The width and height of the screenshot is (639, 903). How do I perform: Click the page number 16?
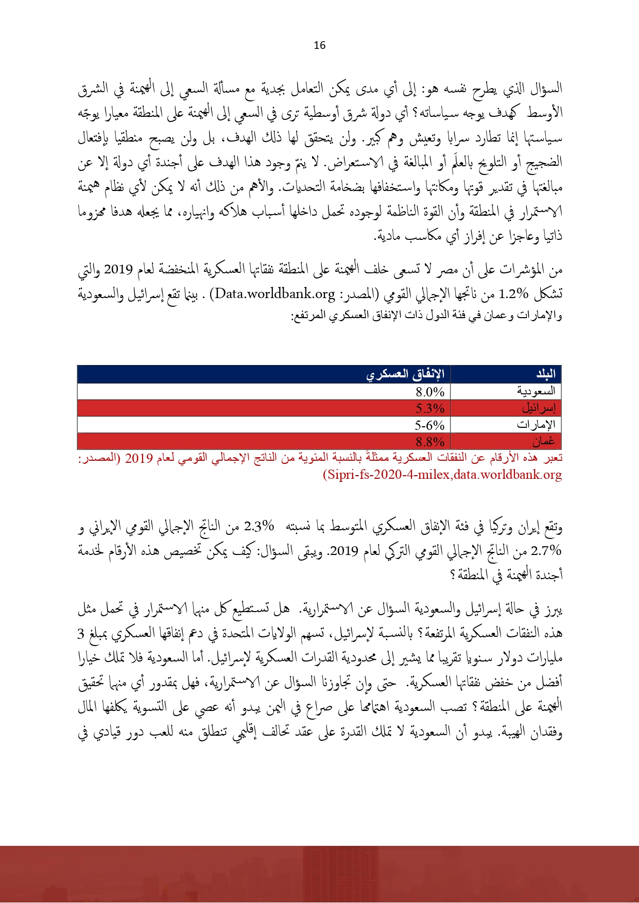[319, 45]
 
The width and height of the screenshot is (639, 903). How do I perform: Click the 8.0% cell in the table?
[430, 392]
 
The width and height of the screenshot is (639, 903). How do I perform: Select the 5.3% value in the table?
[430, 409]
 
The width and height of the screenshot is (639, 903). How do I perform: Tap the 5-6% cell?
[429, 425]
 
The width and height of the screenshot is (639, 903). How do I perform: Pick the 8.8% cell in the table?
[430, 442]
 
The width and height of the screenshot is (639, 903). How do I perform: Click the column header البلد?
[546, 374]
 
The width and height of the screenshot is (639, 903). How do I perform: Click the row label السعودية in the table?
[536, 392]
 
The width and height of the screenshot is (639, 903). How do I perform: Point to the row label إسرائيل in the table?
[539, 409]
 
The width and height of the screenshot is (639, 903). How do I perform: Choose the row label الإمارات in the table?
[536, 425]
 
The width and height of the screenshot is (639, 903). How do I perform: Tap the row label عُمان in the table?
[544, 442]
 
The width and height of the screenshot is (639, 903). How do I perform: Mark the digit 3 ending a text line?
[81, 634]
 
